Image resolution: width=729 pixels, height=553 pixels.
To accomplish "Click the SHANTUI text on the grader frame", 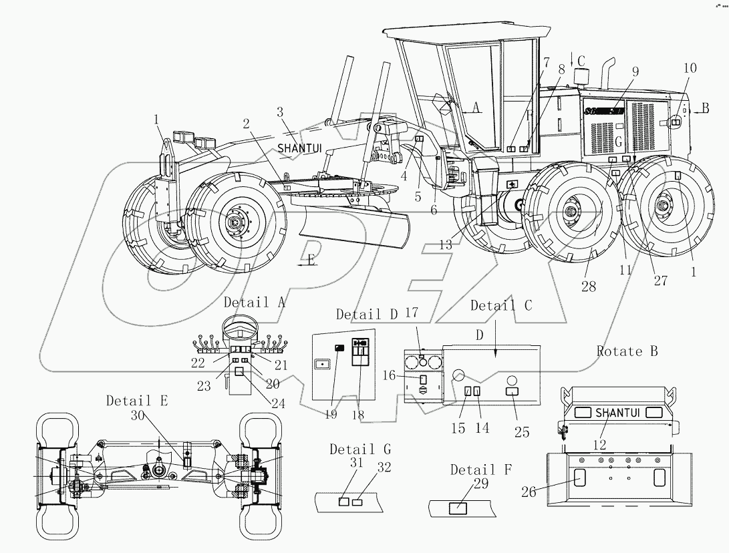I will point(299,147).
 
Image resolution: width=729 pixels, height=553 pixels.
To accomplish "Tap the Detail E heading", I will point(137,401).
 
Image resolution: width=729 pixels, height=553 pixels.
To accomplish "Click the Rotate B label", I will point(627,352).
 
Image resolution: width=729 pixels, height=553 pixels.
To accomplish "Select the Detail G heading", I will point(360,449).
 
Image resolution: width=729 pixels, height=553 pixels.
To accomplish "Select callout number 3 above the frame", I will point(280,112).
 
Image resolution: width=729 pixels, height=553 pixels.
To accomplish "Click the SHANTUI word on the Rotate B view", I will point(617,412).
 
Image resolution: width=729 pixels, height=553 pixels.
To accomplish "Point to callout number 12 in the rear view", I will point(599,443).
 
